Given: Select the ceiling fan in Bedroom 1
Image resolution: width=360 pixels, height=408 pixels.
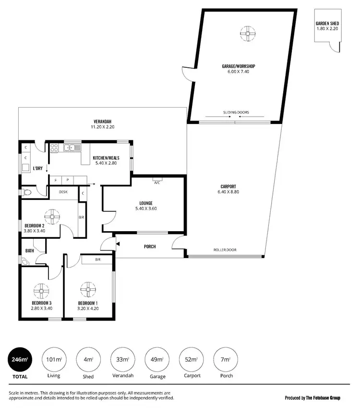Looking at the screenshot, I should [x=88, y=290].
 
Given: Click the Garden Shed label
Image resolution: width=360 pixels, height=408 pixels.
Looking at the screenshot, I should [x=328, y=23].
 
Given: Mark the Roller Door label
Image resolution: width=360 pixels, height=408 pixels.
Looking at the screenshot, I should [x=225, y=250].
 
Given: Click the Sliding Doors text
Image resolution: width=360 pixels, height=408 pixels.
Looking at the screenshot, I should [x=236, y=112].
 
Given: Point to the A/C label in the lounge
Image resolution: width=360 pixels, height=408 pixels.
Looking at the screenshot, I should [x=157, y=183].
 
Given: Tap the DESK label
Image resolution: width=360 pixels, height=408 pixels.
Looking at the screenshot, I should [x=63, y=192].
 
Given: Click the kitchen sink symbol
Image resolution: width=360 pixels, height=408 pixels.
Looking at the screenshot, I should [x=72, y=148].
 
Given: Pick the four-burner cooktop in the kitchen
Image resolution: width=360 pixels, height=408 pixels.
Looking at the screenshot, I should [x=54, y=148].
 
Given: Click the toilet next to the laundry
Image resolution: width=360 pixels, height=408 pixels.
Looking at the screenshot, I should [x=27, y=192].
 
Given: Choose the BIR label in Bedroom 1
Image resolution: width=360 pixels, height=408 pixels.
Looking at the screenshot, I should [x=97, y=260].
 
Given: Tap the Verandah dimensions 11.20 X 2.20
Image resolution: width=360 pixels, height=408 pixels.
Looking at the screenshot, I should [x=103, y=127].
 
